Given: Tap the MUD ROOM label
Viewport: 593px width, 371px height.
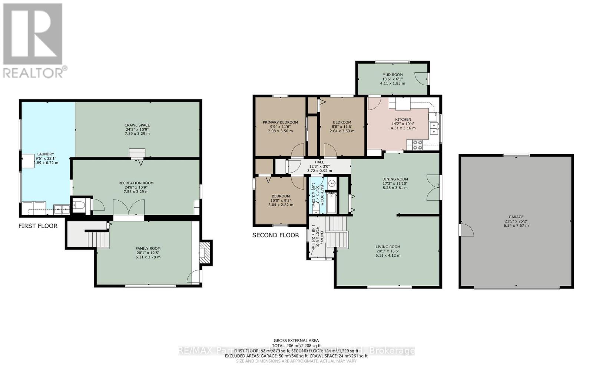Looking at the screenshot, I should pyautogui.click(x=392, y=75).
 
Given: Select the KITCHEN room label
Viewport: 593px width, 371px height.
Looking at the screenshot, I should pyautogui.click(x=403, y=119).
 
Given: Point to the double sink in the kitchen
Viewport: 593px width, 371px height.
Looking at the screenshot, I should pyautogui.click(x=433, y=128).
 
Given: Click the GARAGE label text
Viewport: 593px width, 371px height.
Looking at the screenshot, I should pyautogui.click(x=516, y=217).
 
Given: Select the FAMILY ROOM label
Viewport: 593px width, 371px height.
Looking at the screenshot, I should pyautogui.click(x=148, y=249).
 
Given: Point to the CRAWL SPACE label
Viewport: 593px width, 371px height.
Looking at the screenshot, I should pyautogui.click(x=137, y=125).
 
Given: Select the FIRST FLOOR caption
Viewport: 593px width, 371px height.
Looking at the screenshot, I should pyautogui.click(x=38, y=226).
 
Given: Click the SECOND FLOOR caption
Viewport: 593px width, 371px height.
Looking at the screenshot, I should pyautogui.click(x=275, y=235).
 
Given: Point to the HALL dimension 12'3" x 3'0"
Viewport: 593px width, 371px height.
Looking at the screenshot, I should pyautogui.click(x=319, y=167).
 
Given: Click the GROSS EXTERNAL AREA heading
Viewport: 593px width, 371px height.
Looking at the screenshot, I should pyautogui.click(x=296, y=340).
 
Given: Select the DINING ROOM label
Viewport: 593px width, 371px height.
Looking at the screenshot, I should pyautogui.click(x=395, y=179).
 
